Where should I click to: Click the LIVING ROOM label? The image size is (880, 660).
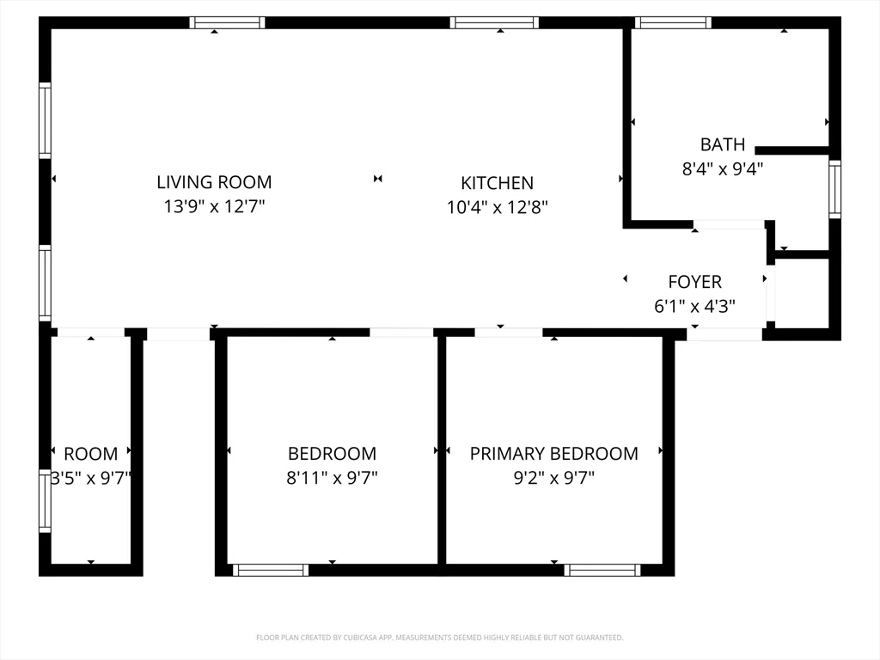point(214,182)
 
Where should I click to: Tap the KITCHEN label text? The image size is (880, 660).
point(498,183)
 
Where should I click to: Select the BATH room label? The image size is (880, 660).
point(723,144)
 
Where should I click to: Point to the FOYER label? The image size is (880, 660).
point(694,282)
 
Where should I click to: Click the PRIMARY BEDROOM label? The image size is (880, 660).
point(554,454)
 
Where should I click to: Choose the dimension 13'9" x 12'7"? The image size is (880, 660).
point(214,206)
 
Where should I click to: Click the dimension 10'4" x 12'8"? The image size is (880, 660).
point(498,208)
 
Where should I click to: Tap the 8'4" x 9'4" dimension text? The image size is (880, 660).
point(723,169)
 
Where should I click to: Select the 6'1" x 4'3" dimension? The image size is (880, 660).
point(694,307)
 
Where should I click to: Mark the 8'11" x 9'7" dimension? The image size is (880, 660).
point(333,478)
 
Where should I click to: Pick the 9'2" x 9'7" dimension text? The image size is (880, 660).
point(554,478)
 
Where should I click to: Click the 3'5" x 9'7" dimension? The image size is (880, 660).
point(91,478)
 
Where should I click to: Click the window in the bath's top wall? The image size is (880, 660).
point(674,22)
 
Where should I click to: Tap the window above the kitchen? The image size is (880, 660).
point(494,22)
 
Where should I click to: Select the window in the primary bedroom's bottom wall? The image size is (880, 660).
point(602,571)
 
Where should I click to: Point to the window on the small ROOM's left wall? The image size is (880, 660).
point(45,501)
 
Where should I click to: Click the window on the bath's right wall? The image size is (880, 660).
point(835,189)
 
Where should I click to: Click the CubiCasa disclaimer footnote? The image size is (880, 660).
point(439,638)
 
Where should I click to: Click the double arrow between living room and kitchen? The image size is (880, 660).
point(378,179)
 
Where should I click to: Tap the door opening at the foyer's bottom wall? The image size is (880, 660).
point(724,334)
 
